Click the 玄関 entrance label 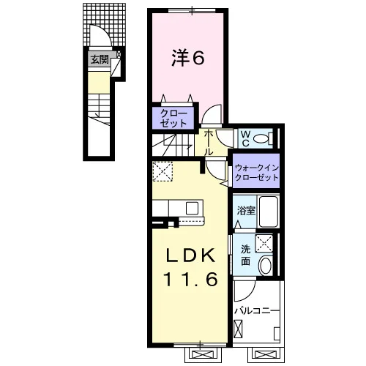pyautogui.click(x=100, y=59)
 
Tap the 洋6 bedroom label pyautogui.click(x=188, y=58)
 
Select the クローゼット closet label pyautogui.click(x=173, y=119)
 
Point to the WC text pyautogui.click(x=245, y=138)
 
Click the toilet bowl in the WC pyautogui.click(x=261, y=139)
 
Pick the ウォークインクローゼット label pyautogui.click(x=256, y=173)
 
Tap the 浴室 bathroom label pyautogui.click(x=246, y=210)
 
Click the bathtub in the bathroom pyautogui.click(x=269, y=212)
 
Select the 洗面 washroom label pyautogui.click(x=246, y=255)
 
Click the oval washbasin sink pyautogui.click(x=266, y=265)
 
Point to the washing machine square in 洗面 pyautogui.click(x=264, y=243)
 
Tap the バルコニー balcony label pyautogui.click(x=257, y=311)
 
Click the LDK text pyautogui.click(x=190, y=255)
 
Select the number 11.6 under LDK pyautogui.click(x=191, y=279)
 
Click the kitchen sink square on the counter pyautogui.click(x=192, y=208)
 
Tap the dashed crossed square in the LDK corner pyautogui.click(x=163, y=171)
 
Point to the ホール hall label pyautogui.click(x=209, y=143)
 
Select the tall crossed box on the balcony pyautogui.click(x=238, y=329)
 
